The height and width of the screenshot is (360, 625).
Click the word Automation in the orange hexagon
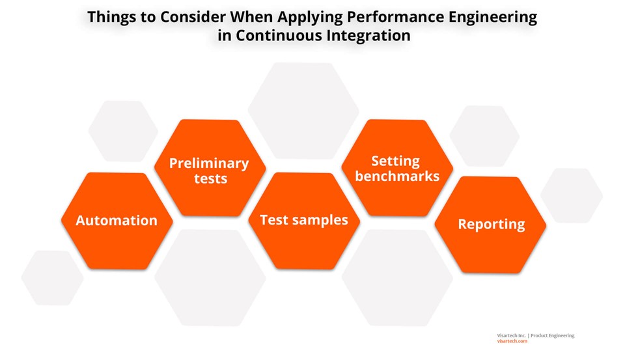[x=117, y=221]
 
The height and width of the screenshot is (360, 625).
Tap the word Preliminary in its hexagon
[x=209, y=163]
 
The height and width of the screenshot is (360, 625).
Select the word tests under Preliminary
[x=210, y=178]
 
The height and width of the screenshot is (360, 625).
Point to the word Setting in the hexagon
[x=396, y=161]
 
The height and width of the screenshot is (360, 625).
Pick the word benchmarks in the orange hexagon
[x=397, y=176]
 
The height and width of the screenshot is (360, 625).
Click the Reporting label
[x=491, y=225]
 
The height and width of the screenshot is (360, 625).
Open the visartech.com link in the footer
[x=512, y=341]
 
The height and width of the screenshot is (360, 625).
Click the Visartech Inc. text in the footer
[x=511, y=335]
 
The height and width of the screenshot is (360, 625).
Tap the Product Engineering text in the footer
[x=553, y=335]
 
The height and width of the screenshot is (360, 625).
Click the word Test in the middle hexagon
[x=273, y=220]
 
